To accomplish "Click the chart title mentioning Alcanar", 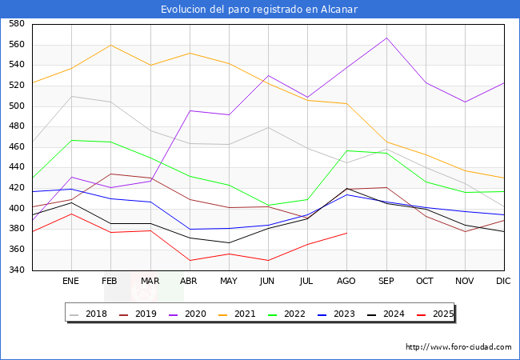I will click(259, 10).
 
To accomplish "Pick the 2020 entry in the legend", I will click(199, 314).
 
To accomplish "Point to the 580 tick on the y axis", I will click(17, 24).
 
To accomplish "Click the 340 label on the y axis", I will click(17, 270).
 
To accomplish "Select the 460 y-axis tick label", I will click(17, 147).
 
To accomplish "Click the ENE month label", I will click(71, 282).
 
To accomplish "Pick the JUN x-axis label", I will click(268, 282).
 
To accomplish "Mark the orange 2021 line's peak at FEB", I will click(110, 45).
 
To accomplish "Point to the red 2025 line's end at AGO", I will click(346, 233).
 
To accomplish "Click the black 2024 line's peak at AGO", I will click(346, 188).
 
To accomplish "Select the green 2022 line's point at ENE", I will click(71, 140).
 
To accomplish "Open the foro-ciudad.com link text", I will click(458, 347).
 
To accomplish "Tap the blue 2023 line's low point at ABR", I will click(189, 230).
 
